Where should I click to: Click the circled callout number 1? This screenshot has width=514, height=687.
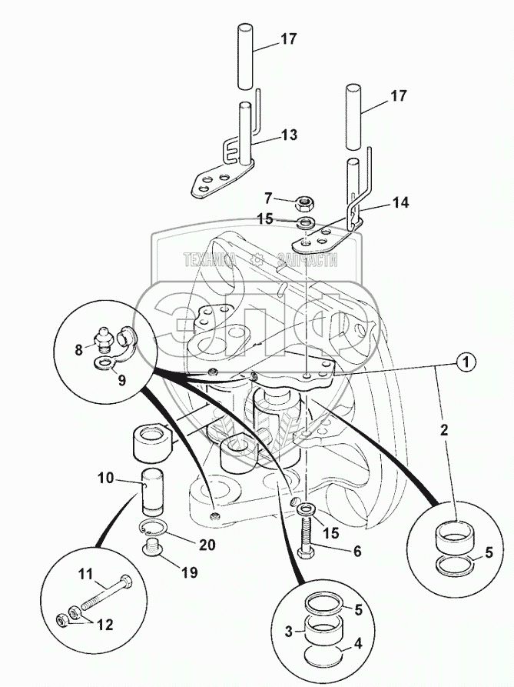pyautogui.click(x=466, y=362)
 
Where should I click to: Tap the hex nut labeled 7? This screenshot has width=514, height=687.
pyautogui.click(x=303, y=203)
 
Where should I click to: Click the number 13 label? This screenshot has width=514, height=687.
pyautogui.click(x=288, y=135)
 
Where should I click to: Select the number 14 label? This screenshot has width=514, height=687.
pyautogui.click(x=400, y=203)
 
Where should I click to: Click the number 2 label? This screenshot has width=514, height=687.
pyautogui.click(x=444, y=430)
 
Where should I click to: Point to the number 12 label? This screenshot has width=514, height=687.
pyautogui.click(x=104, y=625)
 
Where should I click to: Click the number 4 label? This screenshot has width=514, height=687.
pyautogui.click(x=358, y=644)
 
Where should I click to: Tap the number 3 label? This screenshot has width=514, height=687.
pyautogui.click(x=288, y=632)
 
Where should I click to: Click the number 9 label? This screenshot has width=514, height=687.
pyautogui.click(x=121, y=380)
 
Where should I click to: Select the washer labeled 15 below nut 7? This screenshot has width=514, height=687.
pyautogui.click(x=303, y=223)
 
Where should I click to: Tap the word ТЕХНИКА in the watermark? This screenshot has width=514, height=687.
pyautogui.click(x=211, y=260)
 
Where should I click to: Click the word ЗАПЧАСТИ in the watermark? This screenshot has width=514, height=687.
pyautogui.click(x=307, y=260)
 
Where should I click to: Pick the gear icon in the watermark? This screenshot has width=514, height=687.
pyautogui.click(x=257, y=260)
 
